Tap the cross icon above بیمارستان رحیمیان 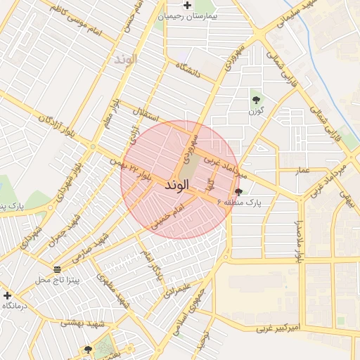187,5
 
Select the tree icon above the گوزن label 255,100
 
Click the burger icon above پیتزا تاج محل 57,270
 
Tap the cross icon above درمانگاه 7,295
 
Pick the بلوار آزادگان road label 55,126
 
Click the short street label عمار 302,169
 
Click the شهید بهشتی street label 82,323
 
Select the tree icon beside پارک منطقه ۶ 239,192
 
